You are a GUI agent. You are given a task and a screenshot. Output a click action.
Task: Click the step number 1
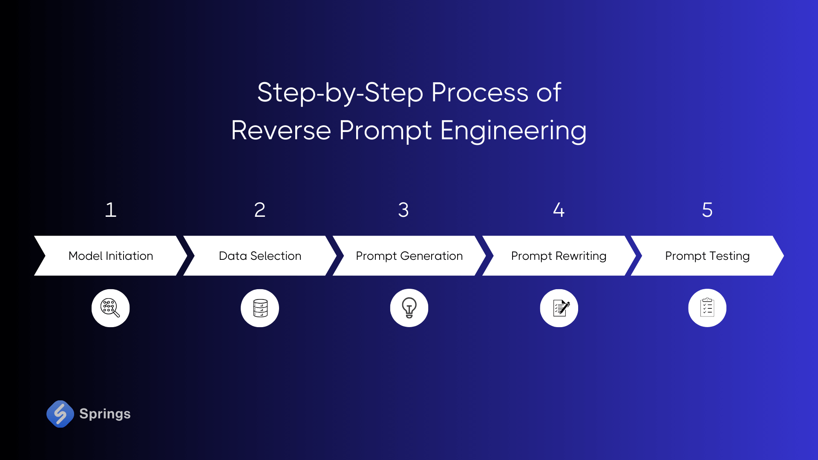(x=111, y=210)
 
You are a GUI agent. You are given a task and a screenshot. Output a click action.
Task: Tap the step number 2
(x=260, y=210)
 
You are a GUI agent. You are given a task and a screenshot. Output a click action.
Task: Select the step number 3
(x=403, y=210)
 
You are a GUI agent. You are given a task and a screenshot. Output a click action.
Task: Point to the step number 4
(x=559, y=210)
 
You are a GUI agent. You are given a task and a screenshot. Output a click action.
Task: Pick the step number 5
(x=707, y=210)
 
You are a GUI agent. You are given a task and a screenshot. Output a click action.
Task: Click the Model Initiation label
(x=111, y=256)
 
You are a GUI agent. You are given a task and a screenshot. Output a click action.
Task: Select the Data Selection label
(x=260, y=256)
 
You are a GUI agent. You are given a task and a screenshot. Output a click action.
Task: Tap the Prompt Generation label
(x=409, y=256)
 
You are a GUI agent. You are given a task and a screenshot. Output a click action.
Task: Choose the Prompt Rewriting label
(x=559, y=256)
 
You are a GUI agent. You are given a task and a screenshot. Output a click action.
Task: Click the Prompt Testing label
(x=707, y=256)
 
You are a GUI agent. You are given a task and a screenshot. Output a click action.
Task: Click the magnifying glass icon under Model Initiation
(x=110, y=308)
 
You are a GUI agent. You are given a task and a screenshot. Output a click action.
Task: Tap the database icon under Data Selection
(x=260, y=308)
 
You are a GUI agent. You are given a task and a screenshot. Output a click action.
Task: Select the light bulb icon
(x=409, y=308)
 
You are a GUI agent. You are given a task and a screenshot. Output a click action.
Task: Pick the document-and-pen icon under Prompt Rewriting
(x=559, y=308)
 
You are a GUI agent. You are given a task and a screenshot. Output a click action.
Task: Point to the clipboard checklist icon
(x=707, y=308)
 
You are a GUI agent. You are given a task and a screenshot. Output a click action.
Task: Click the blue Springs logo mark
(x=60, y=414)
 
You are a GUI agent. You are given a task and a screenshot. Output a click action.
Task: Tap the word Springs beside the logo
(x=105, y=414)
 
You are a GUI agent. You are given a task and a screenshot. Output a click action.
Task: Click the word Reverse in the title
(x=281, y=130)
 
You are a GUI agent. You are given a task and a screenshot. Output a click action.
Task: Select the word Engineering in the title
(x=513, y=131)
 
